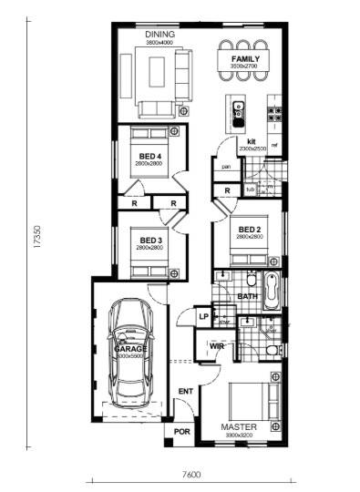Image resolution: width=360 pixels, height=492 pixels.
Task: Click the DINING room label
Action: click(x=159, y=36)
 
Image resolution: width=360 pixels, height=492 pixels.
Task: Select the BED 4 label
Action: click(x=149, y=156)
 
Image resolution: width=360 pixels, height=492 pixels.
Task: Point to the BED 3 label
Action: click(x=149, y=241)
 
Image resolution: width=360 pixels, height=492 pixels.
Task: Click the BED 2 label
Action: click(x=250, y=230)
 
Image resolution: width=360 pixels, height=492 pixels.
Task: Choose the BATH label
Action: click(x=247, y=296)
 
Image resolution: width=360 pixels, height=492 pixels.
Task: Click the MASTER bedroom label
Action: click(x=239, y=426)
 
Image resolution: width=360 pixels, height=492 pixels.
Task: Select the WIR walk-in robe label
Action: click(x=217, y=346)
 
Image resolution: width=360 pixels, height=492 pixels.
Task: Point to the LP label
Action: click(x=204, y=317)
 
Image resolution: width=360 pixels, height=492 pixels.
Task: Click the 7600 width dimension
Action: click(x=190, y=474)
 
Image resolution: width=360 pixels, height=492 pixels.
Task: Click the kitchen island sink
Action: click(x=238, y=110)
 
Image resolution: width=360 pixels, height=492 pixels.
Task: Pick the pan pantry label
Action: click(x=224, y=167)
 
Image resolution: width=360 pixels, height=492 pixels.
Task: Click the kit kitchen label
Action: click(x=250, y=141)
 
